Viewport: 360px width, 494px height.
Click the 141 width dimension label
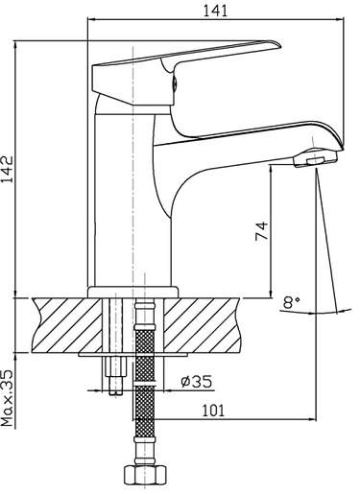pyautogui.click(x=215, y=11)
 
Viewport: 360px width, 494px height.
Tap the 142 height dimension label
pyautogui.click(x=7, y=169)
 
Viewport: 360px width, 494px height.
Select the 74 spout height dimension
pyautogui.click(x=261, y=230)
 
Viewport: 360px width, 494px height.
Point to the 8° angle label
pyautogui.click(x=291, y=302)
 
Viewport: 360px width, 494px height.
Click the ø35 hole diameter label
pyautogui.click(x=197, y=382)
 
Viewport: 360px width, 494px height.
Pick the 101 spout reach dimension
pyautogui.click(x=213, y=411)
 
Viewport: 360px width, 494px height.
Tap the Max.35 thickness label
pyautogui.click(x=7, y=398)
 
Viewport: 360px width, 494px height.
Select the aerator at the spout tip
pyautogui.click(x=316, y=158)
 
